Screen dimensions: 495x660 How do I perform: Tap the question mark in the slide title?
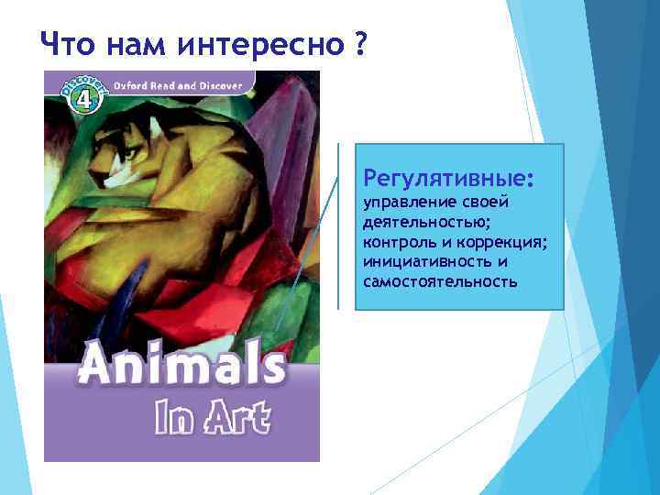click(355, 42)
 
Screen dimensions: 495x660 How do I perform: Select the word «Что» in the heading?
click(67, 43)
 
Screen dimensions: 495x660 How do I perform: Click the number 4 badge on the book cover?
click(81, 95)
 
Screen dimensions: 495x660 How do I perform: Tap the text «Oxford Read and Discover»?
click(178, 85)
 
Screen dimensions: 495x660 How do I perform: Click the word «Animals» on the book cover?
click(181, 367)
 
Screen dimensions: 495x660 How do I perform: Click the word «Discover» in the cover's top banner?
click(221, 85)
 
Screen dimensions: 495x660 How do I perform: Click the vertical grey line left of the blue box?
click(339, 225)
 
